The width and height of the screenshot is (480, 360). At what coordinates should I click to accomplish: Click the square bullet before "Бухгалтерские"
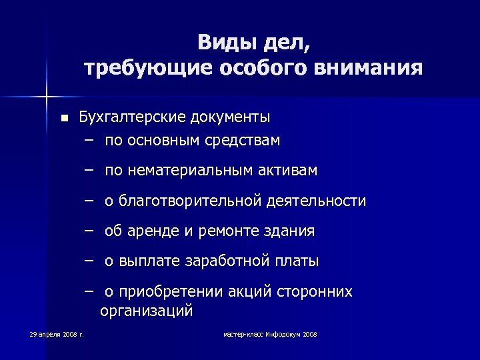pos(63,118)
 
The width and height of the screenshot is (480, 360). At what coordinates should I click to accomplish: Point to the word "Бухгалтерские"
pos(132,117)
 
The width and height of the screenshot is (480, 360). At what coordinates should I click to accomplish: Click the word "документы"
pos(230,117)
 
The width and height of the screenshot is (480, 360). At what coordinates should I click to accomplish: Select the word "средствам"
pos(243,140)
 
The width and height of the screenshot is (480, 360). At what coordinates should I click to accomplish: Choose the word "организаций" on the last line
pos(146,310)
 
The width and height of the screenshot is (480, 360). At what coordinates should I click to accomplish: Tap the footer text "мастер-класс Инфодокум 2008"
pos(270,333)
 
